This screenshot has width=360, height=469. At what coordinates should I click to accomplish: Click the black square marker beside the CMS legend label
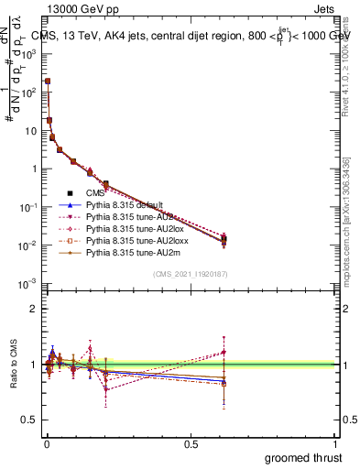click(x=70, y=193)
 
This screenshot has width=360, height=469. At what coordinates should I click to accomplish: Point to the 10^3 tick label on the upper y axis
click(x=24, y=53)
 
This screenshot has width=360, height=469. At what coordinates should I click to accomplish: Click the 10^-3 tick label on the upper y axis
click(x=23, y=284)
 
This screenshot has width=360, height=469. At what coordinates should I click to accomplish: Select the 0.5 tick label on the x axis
click(x=191, y=443)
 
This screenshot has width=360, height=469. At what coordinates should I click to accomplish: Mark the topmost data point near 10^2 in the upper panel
click(x=47, y=82)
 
